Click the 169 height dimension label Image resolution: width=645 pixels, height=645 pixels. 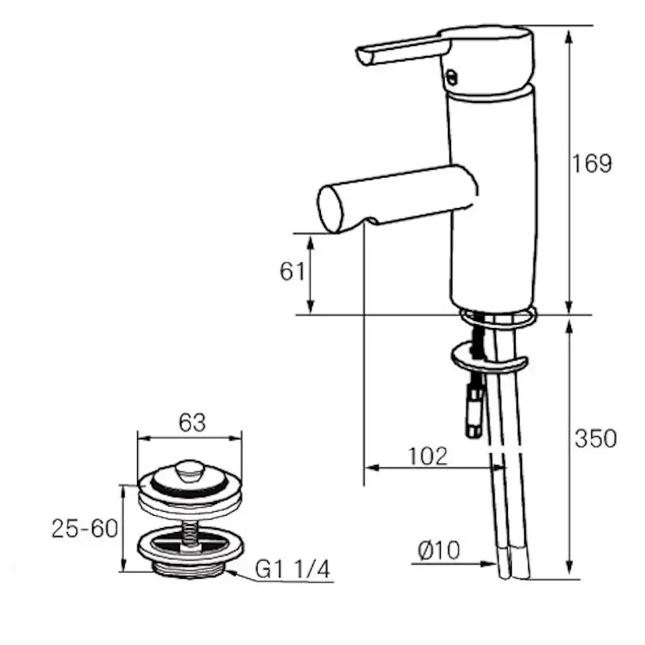[x=591, y=164]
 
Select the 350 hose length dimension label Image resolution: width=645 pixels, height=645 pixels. [x=595, y=439]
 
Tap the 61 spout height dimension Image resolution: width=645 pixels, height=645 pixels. [x=292, y=272]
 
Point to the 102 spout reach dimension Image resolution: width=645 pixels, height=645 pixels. [x=428, y=456]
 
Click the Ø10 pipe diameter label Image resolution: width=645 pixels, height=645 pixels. [x=439, y=550]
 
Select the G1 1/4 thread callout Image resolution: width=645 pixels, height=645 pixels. [x=292, y=569]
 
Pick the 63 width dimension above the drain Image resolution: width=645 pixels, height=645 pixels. [x=192, y=422]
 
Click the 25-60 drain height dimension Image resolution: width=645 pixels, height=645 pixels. [x=85, y=528]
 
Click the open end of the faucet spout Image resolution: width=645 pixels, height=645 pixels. [x=330, y=210]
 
